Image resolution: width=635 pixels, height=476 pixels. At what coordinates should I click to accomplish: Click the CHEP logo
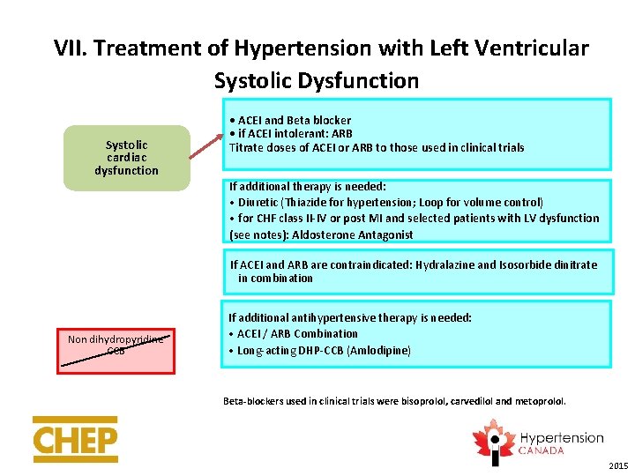tap(75, 439)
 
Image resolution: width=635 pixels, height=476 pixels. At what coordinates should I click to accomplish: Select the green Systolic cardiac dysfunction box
tap(126, 158)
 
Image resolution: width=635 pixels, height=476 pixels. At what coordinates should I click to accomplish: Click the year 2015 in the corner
tap(617, 464)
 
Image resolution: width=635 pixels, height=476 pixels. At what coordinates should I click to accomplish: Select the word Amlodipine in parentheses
tap(381, 350)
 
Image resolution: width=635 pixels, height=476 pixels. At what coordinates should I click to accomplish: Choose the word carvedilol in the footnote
tap(476, 401)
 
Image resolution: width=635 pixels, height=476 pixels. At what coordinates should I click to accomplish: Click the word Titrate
tap(246, 147)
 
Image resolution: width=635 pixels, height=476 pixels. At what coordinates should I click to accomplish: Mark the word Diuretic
tap(262, 202)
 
